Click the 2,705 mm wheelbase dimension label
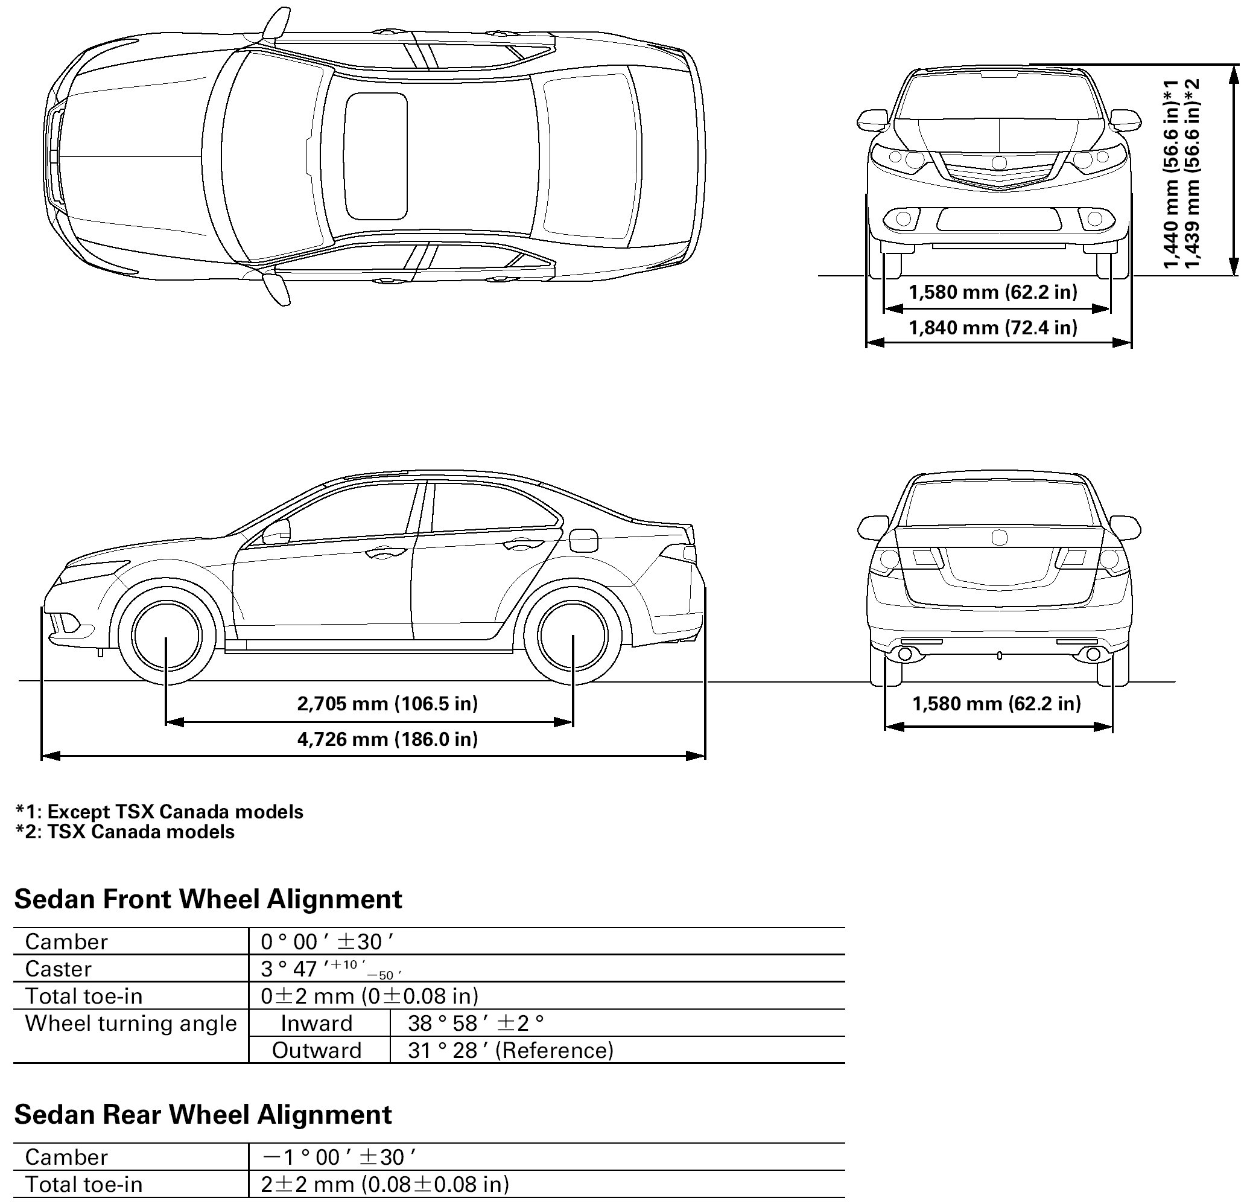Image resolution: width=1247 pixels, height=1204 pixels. pyautogui.click(x=387, y=703)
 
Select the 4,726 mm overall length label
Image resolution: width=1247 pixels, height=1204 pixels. pyautogui.click(x=387, y=739)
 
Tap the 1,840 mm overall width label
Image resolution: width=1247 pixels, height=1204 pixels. pyautogui.click(x=993, y=328)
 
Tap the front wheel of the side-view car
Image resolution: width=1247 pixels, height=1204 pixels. pyautogui.click(x=165, y=635)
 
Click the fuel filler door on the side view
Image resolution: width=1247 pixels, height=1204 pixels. pyautogui.click(x=583, y=541)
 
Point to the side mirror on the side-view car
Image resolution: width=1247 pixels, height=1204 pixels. pyautogui.click(x=277, y=532)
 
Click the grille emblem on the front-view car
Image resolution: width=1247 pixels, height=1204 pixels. pyautogui.click(x=999, y=163)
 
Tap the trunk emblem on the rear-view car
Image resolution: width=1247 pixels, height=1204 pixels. pyautogui.click(x=999, y=538)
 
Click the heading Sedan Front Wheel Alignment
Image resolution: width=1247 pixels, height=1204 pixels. pyautogui.click(x=208, y=899)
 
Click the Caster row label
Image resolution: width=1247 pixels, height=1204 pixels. pyautogui.click(x=59, y=969)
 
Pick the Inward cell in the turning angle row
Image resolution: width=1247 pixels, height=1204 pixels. pyautogui.click(x=317, y=1024)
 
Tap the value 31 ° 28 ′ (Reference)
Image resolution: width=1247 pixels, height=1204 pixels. pyautogui.click(x=511, y=1051)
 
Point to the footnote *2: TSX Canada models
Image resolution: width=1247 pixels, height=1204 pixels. pyautogui.click(x=125, y=832)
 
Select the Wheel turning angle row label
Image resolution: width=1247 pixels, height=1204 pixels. pyautogui.click(x=130, y=1024)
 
